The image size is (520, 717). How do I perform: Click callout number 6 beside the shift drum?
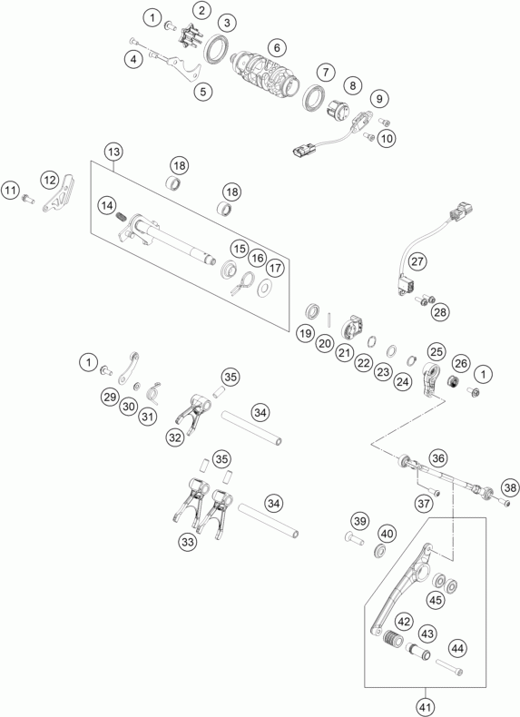click(x=277, y=47)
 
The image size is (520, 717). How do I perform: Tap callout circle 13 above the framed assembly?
click(x=113, y=152)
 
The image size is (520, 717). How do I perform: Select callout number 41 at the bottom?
click(x=426, y=707)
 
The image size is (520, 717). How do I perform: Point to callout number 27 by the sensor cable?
click(x=417, y=261)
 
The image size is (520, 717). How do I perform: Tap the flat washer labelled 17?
click(x=264, y=288)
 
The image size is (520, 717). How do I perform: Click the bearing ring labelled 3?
click(x=217, y=48)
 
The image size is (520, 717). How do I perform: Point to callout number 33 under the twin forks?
click(x=188, y=543)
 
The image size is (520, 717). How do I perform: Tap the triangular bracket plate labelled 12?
click(x=60, y=193)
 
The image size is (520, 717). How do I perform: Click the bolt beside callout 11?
click(x=28, y=199)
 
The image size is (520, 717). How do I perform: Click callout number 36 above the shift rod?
click(x=437, y=458)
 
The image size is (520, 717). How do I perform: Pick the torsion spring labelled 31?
click(x=154, y=392)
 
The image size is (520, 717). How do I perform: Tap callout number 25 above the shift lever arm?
click(x=437, y=351)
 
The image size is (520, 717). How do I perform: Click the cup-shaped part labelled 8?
click(x=338, y=110)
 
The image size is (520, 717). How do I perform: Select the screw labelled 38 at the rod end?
click(x=504, y=503)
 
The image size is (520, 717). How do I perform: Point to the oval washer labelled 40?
click(x=379, y=551)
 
